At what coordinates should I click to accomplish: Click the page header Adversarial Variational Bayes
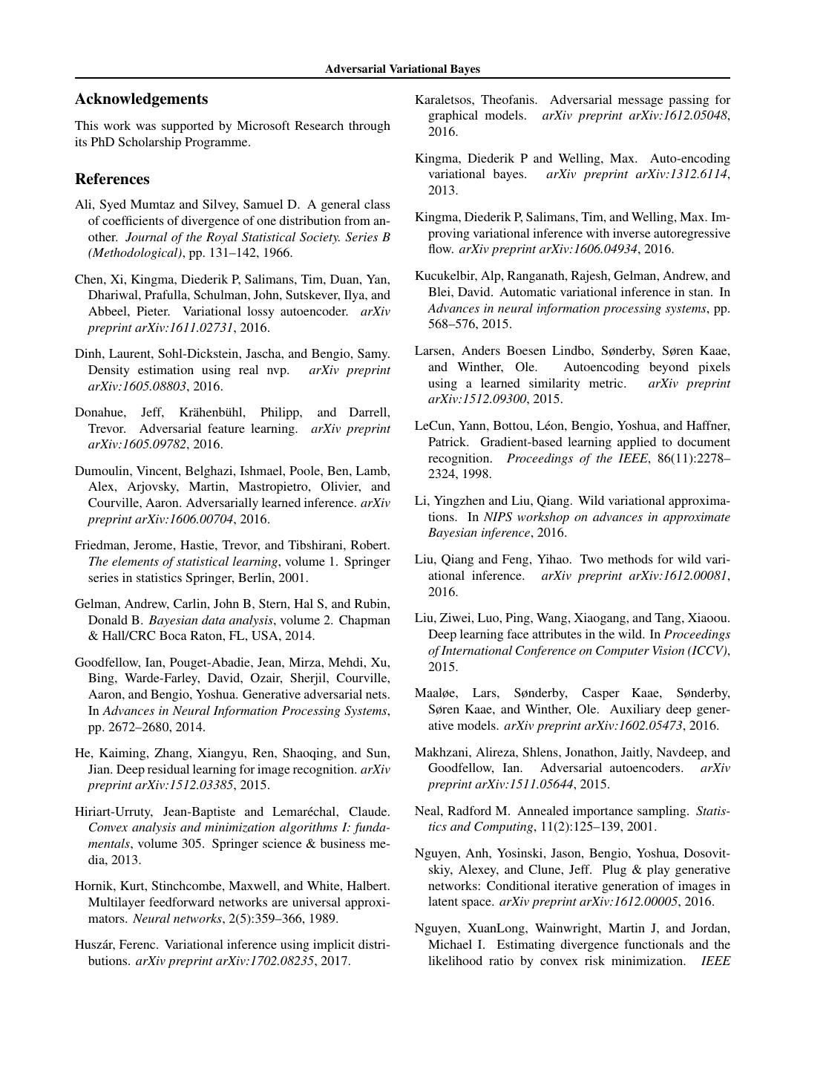click(402, 69)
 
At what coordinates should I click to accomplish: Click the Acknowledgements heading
click(141, 99)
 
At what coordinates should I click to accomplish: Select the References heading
click(112, 180)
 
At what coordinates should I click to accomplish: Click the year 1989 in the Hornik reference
click(324, 919)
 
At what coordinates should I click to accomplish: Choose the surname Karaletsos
click(444, 100)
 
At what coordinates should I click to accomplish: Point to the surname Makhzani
click(444, 753)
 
